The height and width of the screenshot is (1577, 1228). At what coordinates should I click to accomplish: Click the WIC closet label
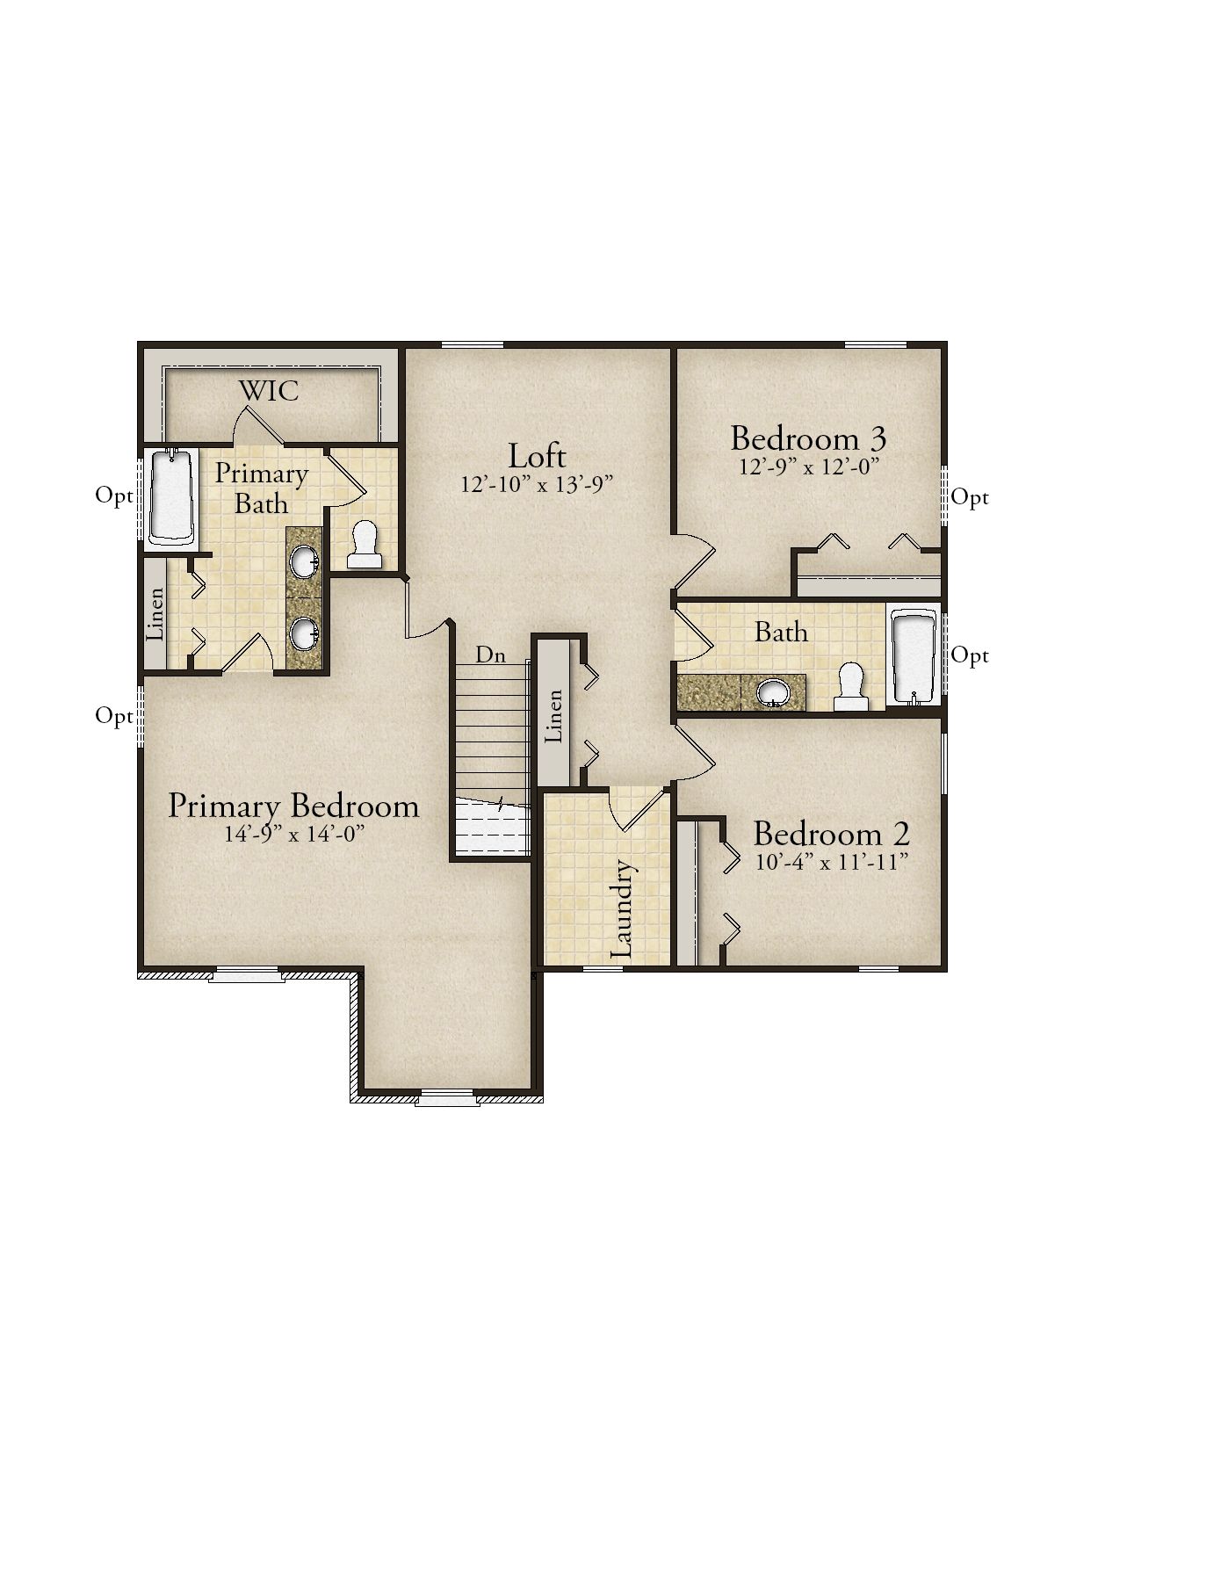pos(270,390)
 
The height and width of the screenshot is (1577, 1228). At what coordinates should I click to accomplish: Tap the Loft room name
pos(537,456)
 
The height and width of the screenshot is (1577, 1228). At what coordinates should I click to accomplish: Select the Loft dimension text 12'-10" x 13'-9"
pos(537,484)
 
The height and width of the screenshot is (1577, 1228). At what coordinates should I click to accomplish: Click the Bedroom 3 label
pos(808,438)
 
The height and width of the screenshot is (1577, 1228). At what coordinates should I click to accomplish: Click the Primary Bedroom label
pos(293,806)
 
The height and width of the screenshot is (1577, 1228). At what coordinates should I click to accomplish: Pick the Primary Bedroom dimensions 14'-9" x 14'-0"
pos(293,834)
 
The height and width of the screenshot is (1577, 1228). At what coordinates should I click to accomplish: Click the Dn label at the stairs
pos(490,655)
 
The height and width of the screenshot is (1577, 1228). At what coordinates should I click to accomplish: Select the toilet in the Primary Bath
pos(364,545)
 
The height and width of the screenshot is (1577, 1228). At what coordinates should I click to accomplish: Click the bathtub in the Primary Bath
pos(170,497)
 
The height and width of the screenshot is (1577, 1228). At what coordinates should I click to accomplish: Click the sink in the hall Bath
pos(775,692)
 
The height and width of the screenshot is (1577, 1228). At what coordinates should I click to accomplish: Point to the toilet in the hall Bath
pos(850,687)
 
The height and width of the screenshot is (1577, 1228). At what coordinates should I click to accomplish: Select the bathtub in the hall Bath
pos(915,656)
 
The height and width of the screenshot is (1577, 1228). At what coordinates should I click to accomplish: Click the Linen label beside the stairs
pos(553,716)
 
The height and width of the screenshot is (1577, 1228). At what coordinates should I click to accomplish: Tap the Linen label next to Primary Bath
pos(155,612)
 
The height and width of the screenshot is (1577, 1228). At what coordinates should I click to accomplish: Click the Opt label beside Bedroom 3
pos(970,498)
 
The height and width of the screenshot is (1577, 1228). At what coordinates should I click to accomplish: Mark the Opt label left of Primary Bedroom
pos(114,716)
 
